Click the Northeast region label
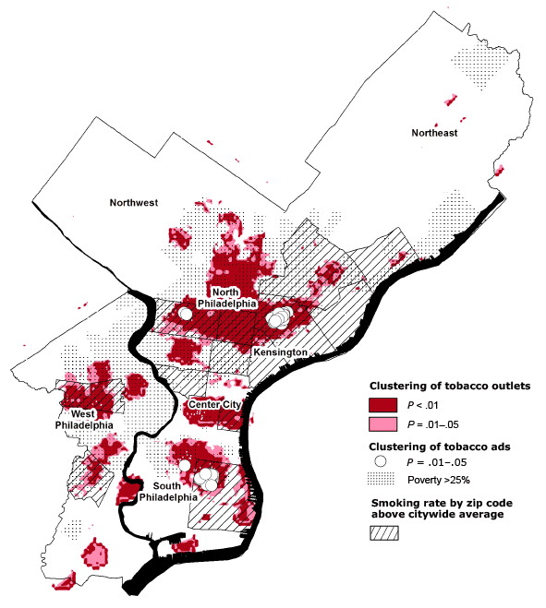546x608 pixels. coord(434,133)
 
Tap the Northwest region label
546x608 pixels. coord(134,202)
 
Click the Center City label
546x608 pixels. coord(214,405)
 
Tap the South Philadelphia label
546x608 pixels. coord(168,491)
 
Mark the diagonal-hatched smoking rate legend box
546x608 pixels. coord(384,533)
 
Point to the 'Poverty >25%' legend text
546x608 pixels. coord(438,479)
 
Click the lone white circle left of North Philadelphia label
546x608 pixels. coord(185,314)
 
